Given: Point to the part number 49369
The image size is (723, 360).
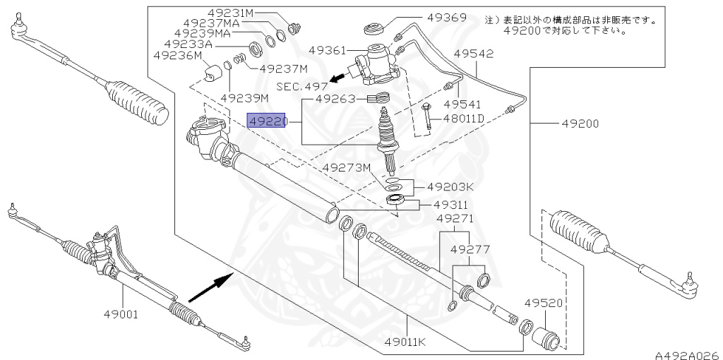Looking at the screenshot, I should click(446, 18).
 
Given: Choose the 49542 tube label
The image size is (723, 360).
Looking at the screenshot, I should click(473, 54).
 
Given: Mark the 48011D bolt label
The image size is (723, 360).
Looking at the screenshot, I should click(462, 118).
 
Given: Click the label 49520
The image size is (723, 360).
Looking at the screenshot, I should click(542, 303).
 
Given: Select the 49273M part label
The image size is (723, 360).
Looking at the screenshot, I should click(347, 168).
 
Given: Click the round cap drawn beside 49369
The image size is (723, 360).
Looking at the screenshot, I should click(374, 30).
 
